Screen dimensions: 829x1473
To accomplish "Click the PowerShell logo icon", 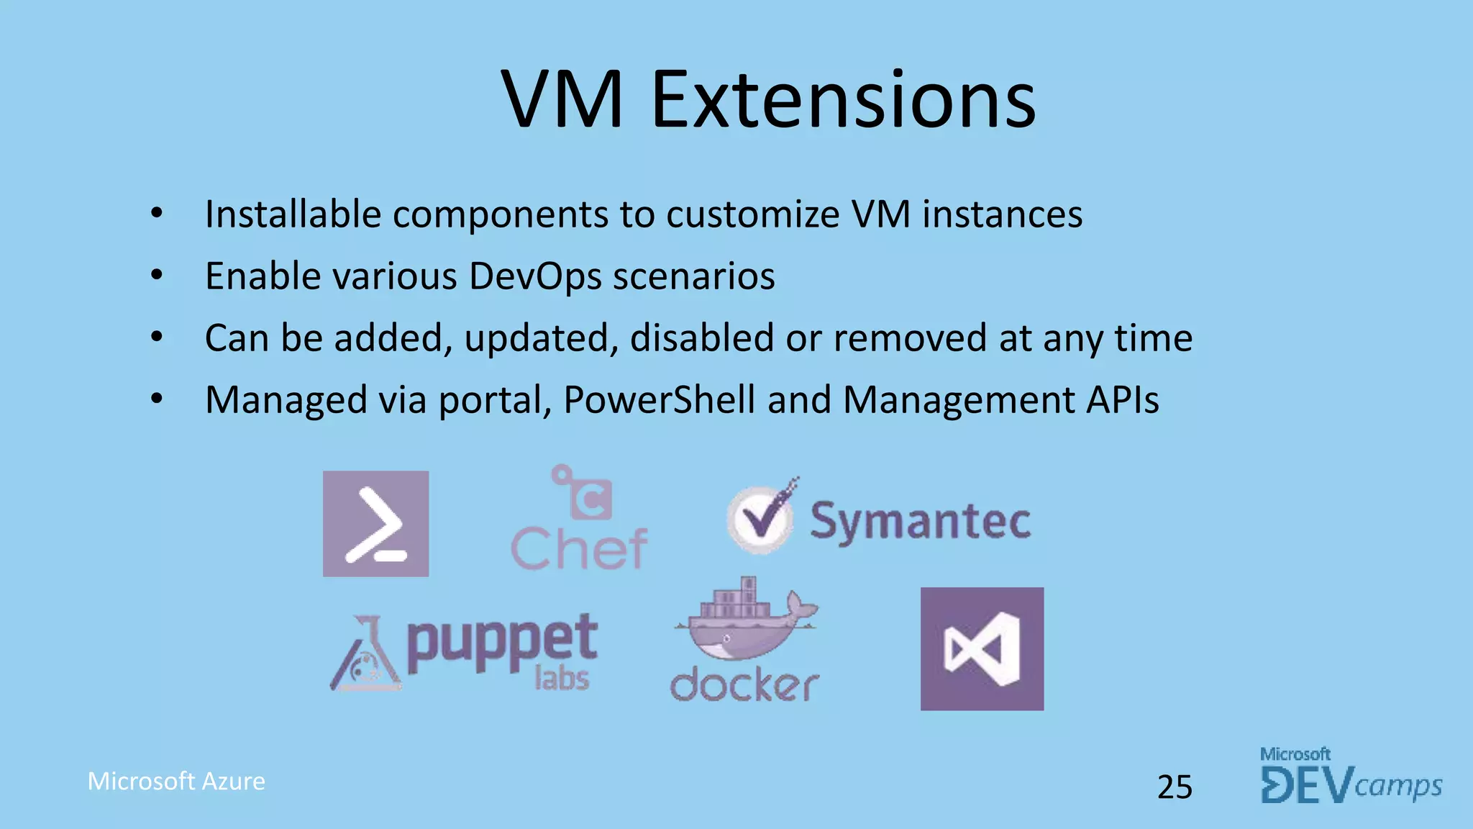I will click(x=375, y=524).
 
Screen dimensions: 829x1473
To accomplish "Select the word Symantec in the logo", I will click(x=921, y=521).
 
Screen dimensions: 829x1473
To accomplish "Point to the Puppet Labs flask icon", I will click(x=366, y=655).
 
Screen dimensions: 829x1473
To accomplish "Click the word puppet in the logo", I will click(x=502, y=642).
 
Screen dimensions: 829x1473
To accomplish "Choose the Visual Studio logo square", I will click(x=982, y=649).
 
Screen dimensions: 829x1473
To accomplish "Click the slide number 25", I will click(x=1175, y=787).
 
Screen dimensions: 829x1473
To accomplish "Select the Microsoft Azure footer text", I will click(x=176, y=782).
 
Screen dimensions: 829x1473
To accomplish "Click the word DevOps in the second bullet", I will click(x=535, y=276).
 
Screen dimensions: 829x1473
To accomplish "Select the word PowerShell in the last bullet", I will click(x=659, y=400).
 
